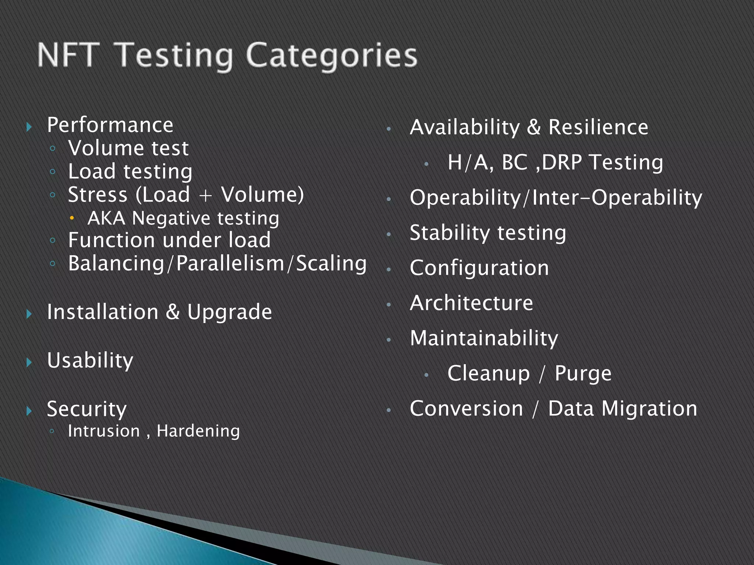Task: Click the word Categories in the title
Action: pos(331,56)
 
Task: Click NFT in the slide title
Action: pos(68,55)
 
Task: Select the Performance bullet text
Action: pos(110,125)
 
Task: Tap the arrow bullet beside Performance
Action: pos(29,127)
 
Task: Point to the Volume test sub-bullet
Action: pos(128,148)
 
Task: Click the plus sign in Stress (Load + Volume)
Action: pos(205,195)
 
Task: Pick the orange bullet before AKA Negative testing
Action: pos(72,218)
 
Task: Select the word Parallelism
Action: pos(230,264)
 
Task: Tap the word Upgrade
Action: pos(229,312)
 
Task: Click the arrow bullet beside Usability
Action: pos(29,363)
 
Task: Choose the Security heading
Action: pos(87,409)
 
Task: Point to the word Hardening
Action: pos(198,431)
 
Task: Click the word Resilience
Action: pos(598,127)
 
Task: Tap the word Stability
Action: pos(450,233)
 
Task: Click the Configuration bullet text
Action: pos(479,268)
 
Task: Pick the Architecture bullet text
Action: pos(471,303)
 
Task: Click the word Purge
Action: pos(583,374)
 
